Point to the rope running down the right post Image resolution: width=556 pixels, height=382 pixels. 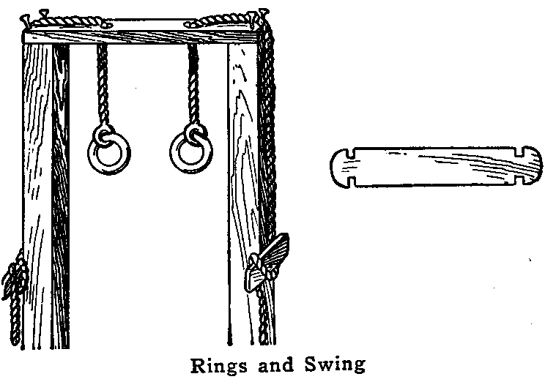click(269, 146)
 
